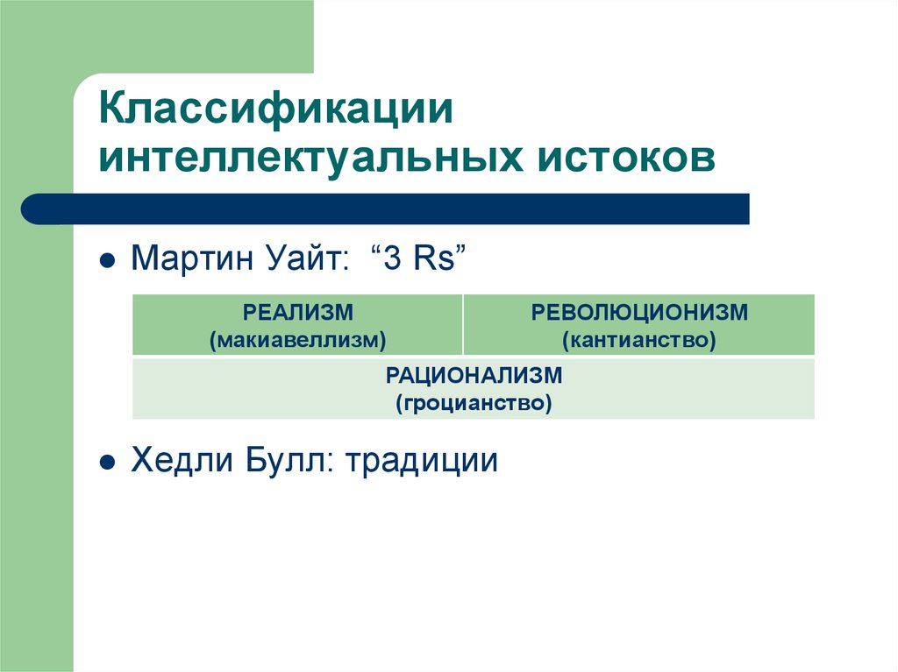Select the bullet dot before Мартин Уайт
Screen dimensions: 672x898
[106, 261]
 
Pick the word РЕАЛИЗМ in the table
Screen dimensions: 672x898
[297, 313]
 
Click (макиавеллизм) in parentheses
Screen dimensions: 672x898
[297, 337]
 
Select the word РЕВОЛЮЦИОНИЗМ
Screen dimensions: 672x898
[639, 313]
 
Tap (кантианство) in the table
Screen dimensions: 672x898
[639, 337]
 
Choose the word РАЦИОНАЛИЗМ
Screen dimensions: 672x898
[474, 376]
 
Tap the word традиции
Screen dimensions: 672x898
[421, 462]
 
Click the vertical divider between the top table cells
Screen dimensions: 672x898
[463, 324]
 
